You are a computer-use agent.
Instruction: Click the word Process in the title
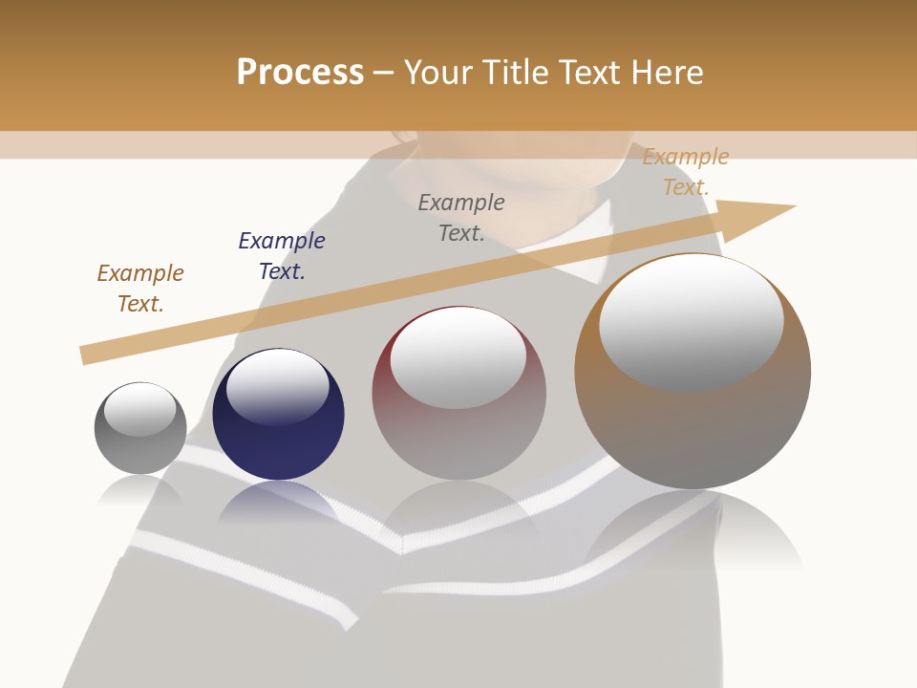point(300,73)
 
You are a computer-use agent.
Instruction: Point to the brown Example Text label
point(140,289)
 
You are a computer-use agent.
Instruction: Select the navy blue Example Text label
point(282,256)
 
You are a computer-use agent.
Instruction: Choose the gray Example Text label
point(461,218)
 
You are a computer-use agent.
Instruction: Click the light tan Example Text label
point(685,172)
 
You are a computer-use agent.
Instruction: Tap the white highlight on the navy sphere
point(278,386)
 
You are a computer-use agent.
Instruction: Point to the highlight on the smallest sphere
point(139,409)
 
